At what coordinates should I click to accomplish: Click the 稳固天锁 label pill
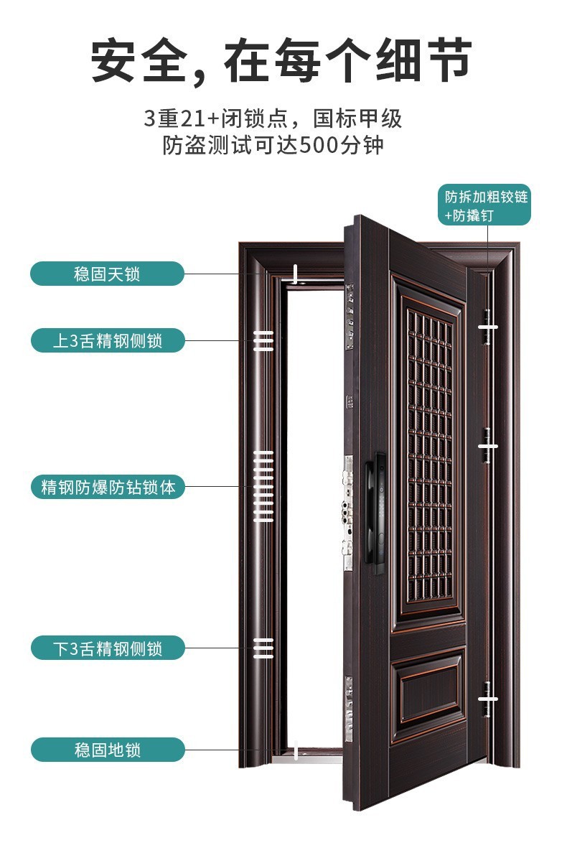[107, 274]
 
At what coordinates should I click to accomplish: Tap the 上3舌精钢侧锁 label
[108, 341]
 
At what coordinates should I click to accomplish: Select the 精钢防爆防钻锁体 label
[108, 487]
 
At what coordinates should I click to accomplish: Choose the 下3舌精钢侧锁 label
[108, 648]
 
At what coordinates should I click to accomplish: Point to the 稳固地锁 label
[108, 750]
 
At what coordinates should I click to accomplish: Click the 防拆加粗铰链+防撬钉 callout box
[484, 205]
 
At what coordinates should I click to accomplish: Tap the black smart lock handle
[375, 513]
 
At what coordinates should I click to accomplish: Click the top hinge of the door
[487, 327]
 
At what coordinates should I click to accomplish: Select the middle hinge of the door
[487, 446]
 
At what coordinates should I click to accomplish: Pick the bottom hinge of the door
[487, 699]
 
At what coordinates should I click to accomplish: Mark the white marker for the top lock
[295, 274]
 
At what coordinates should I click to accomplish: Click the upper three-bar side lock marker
[263, 341]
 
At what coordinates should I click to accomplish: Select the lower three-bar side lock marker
[263, 648]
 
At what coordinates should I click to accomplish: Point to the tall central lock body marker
[263, 486]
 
